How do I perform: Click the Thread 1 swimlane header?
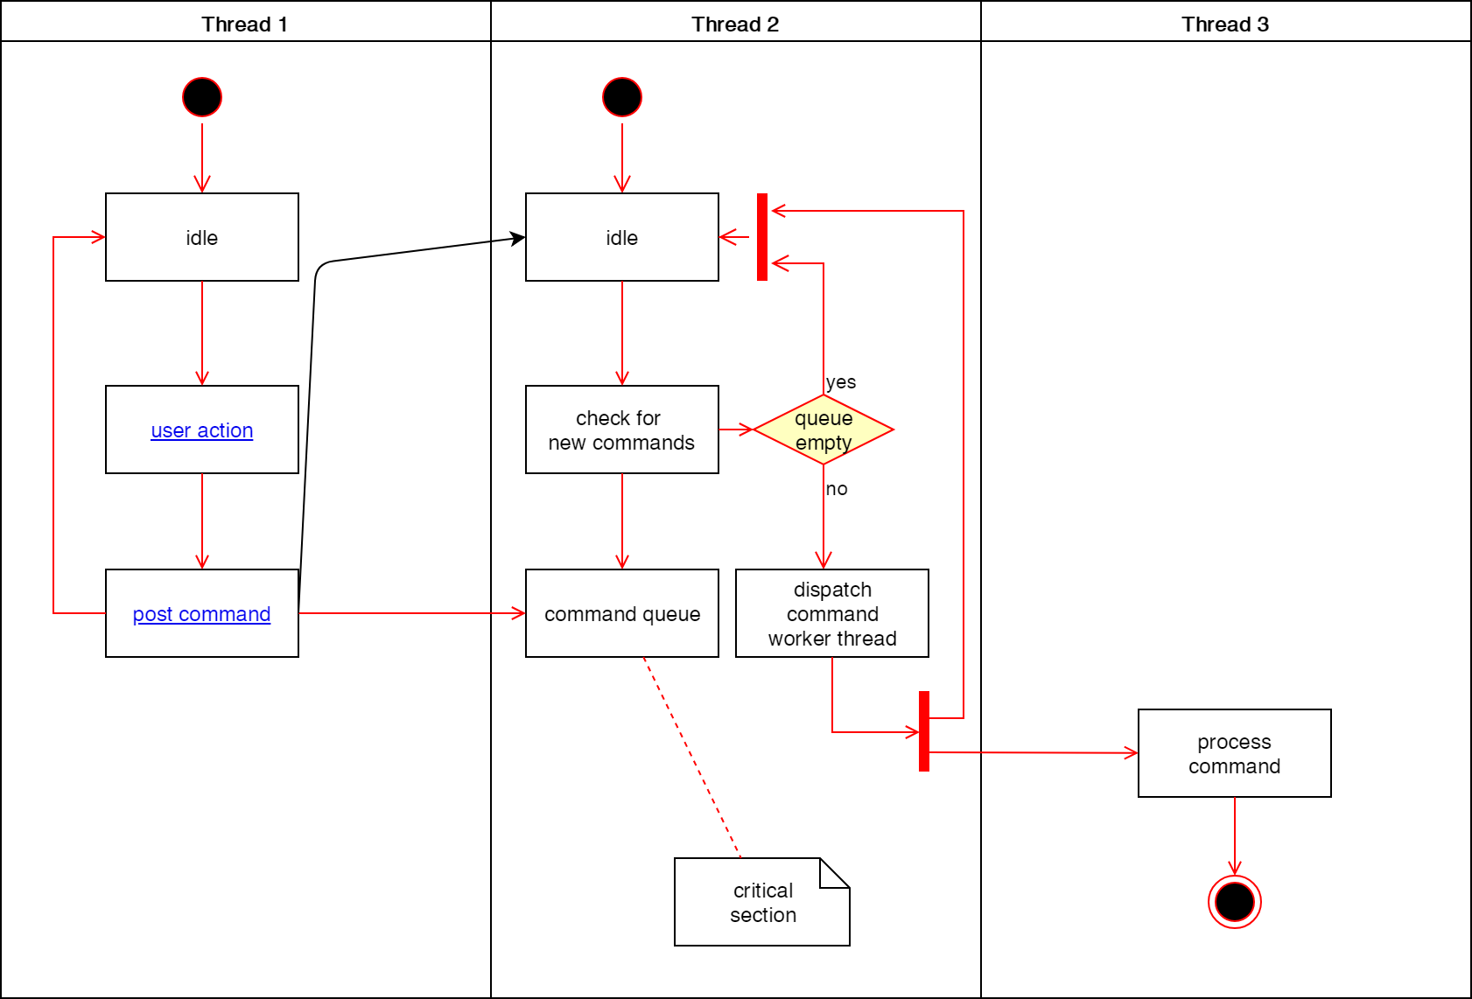245,24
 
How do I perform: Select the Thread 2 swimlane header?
735,24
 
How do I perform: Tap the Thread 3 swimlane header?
1225,24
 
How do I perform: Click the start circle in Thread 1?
202,97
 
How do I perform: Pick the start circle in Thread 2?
622,97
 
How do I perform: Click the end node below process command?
1234,902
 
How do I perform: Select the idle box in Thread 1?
202,237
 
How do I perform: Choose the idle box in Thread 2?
622,237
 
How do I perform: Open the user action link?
202,430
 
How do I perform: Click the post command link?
202,614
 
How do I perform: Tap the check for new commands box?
622,430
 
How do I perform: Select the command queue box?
622,613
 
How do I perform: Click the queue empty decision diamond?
824,430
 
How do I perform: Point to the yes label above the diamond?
841,382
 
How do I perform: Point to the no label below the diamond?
837,489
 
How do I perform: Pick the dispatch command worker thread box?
832,613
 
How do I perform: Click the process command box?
1234,753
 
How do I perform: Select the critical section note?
762,902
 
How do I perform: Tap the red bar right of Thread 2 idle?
762,237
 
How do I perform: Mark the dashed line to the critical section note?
691,757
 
